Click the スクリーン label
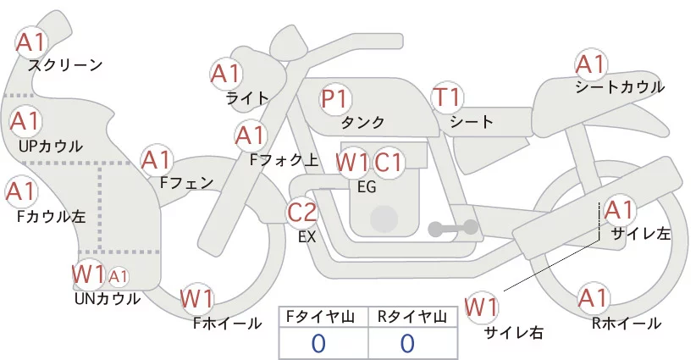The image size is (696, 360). [65, 64]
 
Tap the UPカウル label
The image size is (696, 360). [50, 146]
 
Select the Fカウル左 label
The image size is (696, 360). [51, 216]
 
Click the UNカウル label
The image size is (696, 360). [107, 298]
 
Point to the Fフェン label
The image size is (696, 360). [186, 182]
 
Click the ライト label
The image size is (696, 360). [247, 97]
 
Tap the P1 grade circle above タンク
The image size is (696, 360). [336, 98]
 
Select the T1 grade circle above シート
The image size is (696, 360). [447, 98]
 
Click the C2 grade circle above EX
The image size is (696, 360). [302, 213]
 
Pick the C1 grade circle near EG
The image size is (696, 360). [389, 162]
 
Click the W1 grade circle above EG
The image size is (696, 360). [351, 162]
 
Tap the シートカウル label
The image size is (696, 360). [619, 86]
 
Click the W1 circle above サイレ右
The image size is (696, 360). [483, 306]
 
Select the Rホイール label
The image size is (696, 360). [627, 323]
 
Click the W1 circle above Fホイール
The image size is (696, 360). [197, 299]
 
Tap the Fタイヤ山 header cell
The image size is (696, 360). [323, 316]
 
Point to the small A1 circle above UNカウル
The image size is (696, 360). [119, 276]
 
